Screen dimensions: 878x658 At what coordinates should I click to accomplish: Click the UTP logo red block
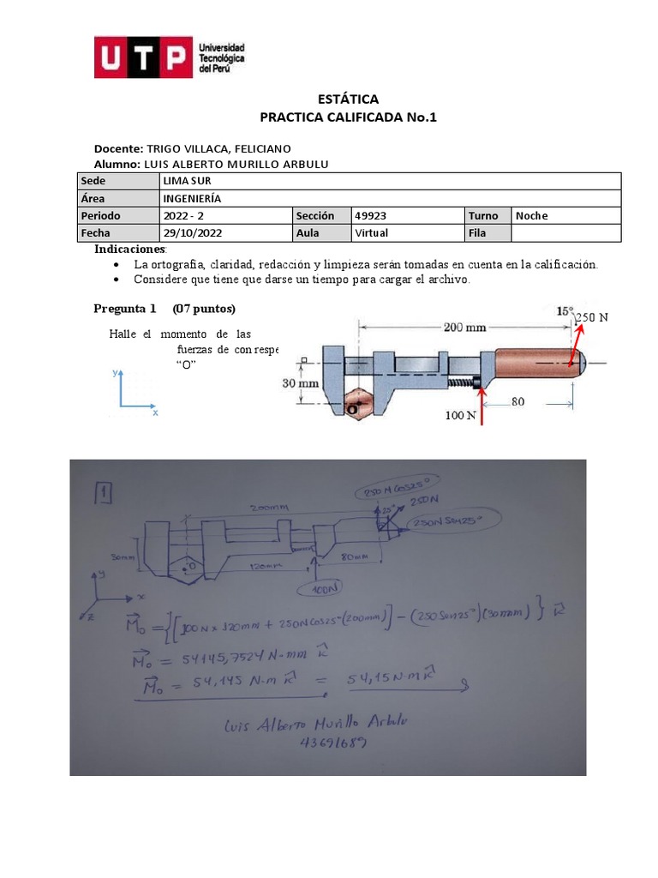(142, 57)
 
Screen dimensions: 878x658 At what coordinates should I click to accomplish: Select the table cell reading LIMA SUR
(187, 181)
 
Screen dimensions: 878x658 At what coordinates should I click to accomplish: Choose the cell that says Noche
(531, 215)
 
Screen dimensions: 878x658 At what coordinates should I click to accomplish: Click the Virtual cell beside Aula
(371, 232)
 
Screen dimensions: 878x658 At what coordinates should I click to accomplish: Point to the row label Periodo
(101, 215)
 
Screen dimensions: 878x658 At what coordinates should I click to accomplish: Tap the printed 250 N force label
(591, 317)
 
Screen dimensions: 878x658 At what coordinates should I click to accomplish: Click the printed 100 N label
(460, 416)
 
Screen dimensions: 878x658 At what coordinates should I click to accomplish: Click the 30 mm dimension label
(300, 384)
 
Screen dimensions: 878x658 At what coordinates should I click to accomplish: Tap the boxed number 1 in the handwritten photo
(101, 493)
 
